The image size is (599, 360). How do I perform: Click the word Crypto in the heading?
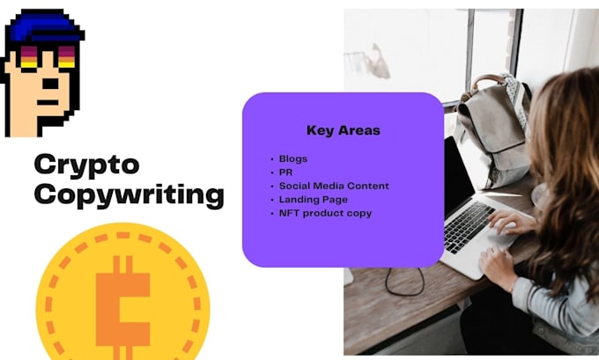[86, 165]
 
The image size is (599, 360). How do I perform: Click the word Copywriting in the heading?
[129, 195]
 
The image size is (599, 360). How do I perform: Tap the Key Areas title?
[343, 130]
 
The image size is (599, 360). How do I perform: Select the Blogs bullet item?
[292, 159]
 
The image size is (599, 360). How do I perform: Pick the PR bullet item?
[285, 173]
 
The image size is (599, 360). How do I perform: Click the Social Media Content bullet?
[334, 186]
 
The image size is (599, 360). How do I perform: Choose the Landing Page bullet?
[313, 199]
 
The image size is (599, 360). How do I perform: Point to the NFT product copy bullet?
[325, 213]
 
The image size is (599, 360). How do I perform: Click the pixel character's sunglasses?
[45, 59]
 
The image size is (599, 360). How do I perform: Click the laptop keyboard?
[470, 226]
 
